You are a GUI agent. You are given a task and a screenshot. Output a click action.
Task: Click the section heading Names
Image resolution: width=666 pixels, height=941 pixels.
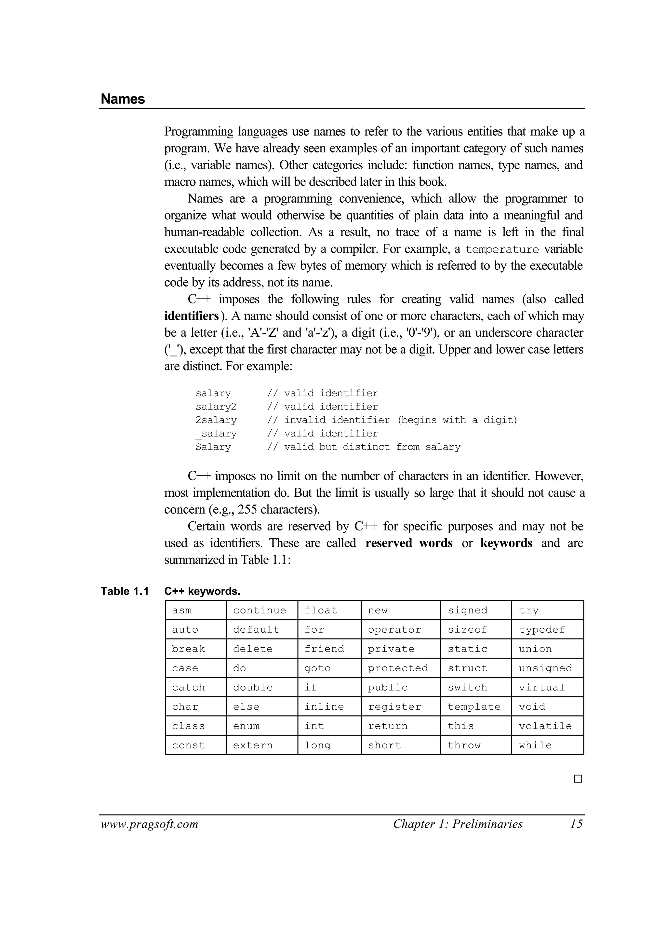[x=123, y=99]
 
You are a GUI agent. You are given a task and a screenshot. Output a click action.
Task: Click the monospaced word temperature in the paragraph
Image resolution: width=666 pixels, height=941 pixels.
[x=502, y=249]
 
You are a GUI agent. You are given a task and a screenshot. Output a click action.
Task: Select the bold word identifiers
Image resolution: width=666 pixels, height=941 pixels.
[x=192, y=316]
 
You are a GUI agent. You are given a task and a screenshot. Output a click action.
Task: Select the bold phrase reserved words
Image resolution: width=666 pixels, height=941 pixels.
[x=408, y=543]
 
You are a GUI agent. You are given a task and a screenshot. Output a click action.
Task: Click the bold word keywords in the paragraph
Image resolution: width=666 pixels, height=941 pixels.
[x=506, y=543]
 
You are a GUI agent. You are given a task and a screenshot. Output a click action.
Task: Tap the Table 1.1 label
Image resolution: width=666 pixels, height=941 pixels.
[x=125, y=591]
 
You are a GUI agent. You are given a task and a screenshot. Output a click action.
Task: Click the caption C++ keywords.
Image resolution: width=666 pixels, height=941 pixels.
[x=202, y=591]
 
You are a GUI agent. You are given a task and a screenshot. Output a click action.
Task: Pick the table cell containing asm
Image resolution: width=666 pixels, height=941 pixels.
[x=196, y=610]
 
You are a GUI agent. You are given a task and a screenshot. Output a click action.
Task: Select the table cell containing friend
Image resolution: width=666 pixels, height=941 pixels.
[x=329, y=649]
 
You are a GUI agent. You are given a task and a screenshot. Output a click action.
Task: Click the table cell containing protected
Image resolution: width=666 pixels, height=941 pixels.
[x=400, y=668]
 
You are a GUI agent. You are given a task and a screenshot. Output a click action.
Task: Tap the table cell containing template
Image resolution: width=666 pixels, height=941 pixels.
[x=475, y=706]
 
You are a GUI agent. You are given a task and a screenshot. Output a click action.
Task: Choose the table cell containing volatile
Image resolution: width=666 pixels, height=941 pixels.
[x=547, y=726]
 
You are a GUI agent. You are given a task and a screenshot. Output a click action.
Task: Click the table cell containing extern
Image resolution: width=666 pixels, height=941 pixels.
[x=262, y=745]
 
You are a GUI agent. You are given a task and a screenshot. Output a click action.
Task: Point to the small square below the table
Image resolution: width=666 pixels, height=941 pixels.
[x=578, y=779]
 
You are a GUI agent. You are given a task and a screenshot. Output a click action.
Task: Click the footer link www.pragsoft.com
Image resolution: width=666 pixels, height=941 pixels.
[x=149, y=824]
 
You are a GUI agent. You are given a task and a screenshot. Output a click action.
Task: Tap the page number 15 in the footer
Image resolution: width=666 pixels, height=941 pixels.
[x=576, y=824]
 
